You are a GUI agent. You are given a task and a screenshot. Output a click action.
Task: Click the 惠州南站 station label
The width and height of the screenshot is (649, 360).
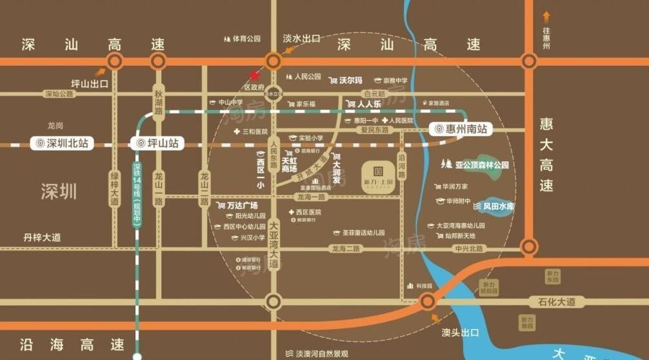pyautogui.click(x=459, y=129)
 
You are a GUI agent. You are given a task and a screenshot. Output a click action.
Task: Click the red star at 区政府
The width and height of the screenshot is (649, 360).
pyautogui.click(x=254, y=75)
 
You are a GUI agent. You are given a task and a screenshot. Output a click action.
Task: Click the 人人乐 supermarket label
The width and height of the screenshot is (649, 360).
pyautogui.click(x=366, y=103)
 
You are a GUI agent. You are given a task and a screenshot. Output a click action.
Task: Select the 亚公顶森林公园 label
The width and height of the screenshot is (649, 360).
pyautogui.click(x=481, y=165)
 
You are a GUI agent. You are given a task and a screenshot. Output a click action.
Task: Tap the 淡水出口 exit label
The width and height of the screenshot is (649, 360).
pyautogui.click(x=301, y=39)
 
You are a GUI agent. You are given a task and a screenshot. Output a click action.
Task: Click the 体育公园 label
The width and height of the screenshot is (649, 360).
pyautogui.click(x=246, y=39)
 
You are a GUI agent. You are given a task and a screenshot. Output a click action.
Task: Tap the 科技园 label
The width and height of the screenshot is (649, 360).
pyautogui.click(x=423, y=285)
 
